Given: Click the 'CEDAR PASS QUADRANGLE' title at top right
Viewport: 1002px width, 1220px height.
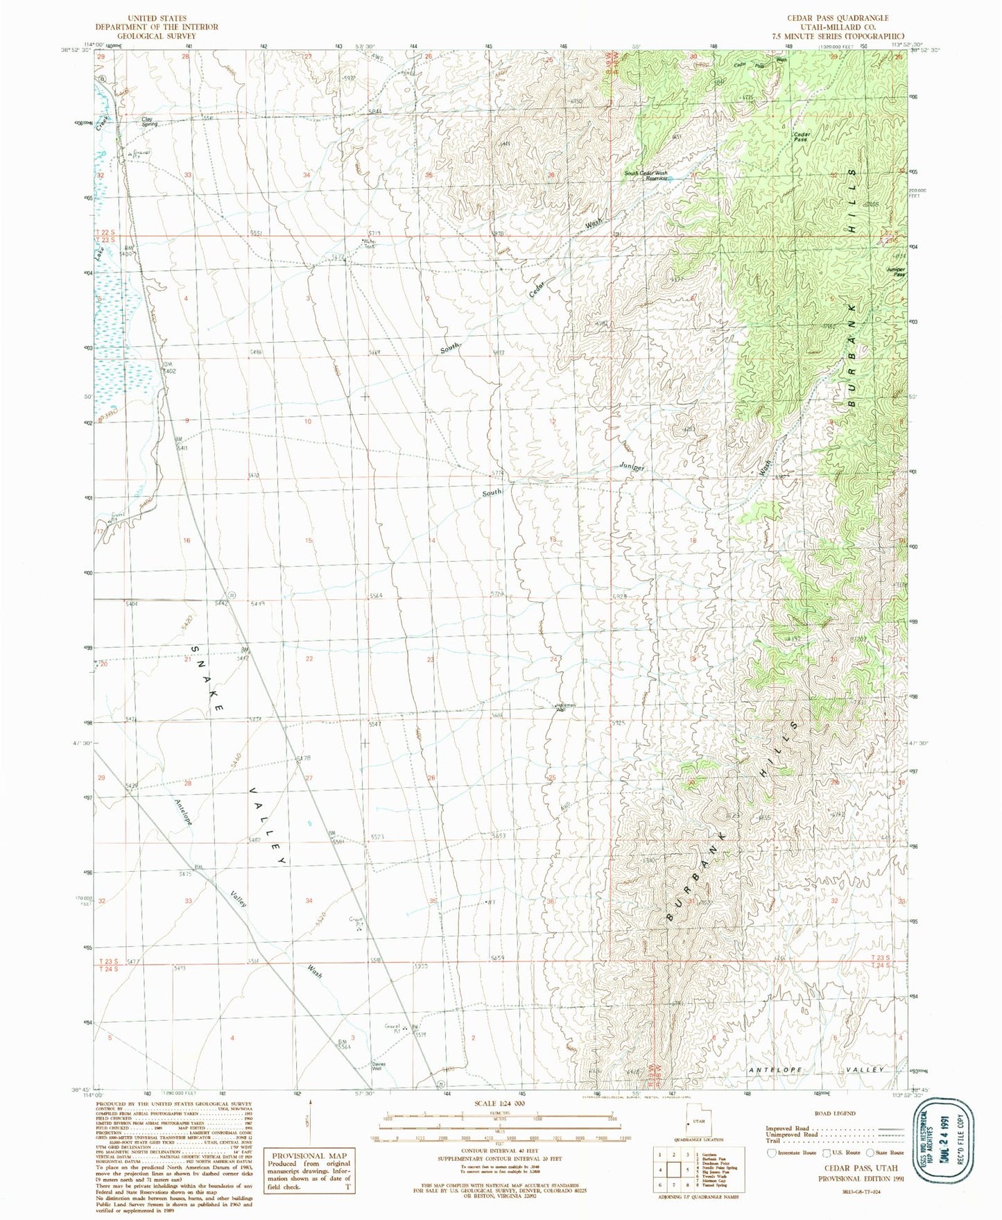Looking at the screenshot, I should coord(845,18).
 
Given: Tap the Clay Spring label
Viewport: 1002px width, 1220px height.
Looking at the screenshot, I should coord(147,121).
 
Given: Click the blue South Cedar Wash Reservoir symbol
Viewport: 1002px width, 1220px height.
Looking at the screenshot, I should coord(671,179).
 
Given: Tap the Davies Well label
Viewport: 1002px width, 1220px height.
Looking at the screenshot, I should coord(377,1066).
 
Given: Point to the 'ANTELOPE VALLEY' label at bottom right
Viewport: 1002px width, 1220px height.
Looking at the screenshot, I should coord(816,1070).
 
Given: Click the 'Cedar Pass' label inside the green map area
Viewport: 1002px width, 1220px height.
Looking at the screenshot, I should coord(802,136).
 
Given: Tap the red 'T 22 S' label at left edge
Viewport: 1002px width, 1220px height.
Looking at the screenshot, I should coord(103,232).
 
